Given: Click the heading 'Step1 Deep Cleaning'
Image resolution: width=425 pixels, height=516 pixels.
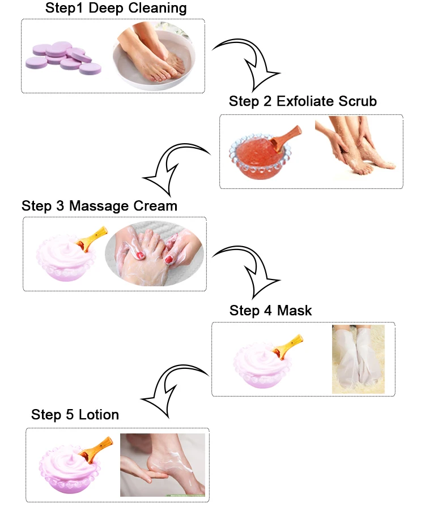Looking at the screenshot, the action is pyautogui.click(x=116, y=8).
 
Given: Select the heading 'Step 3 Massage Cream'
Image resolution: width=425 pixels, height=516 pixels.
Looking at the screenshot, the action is pyautogui.click(x=99, y=206).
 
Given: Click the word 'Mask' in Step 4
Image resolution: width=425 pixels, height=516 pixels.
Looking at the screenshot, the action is pyautogui.click(x=294, y=310).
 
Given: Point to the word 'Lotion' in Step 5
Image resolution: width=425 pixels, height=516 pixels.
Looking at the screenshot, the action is pyautogui.click(x=99, y=415).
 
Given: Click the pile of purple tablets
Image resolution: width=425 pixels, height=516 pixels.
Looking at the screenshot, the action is pyautogui.click(x=63, y=58).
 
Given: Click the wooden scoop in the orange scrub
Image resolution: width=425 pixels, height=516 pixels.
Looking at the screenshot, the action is pyautogui.click(x=285, y=137).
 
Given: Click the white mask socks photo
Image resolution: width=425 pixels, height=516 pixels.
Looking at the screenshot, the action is pyautogui.click(x=358, y=359).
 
